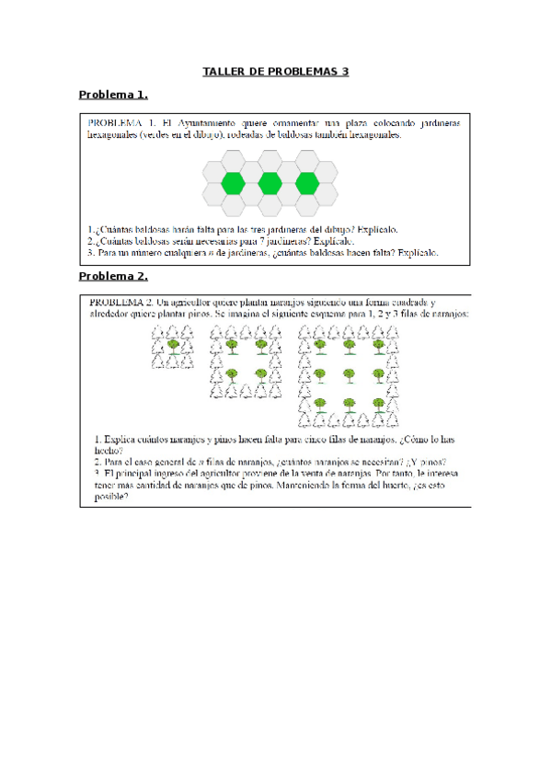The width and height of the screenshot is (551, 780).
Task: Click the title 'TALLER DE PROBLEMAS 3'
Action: click(275, 72)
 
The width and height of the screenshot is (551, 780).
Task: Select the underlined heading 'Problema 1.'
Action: click(113, 95)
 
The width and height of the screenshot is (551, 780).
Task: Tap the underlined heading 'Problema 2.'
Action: click(113, 276)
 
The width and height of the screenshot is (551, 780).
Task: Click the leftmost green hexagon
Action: click(234, 182)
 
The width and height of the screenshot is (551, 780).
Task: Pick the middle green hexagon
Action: click(270, 182)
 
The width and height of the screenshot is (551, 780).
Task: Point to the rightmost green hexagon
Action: click(305, 182)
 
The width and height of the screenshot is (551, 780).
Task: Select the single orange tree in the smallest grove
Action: click(172, 348)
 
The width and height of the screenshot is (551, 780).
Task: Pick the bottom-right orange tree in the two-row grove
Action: click(260, 375)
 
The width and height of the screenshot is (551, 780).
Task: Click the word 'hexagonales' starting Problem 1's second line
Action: click(110, 134)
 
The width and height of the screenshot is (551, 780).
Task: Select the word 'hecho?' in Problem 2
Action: click(108, 451)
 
